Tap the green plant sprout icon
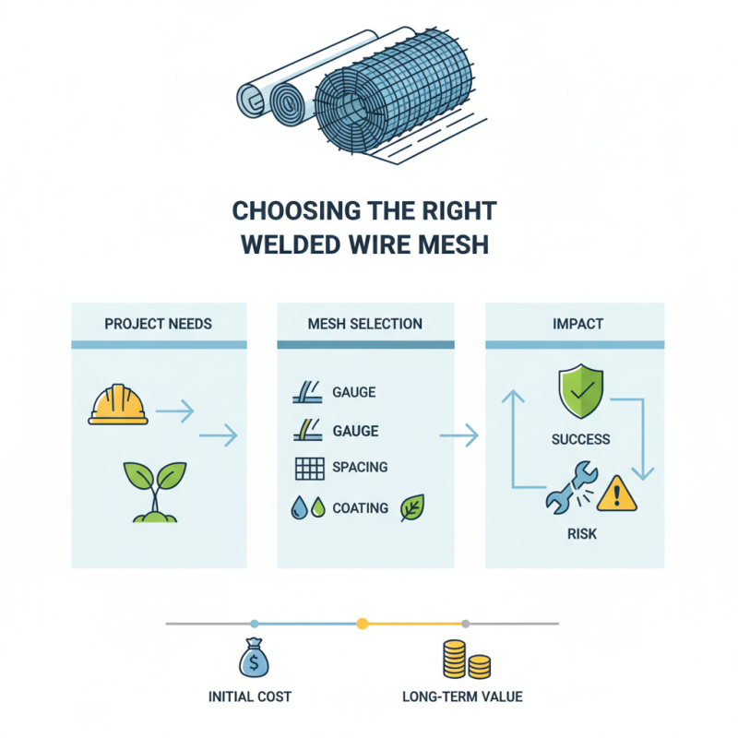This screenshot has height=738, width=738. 153,491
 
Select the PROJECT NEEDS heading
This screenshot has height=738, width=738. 159,324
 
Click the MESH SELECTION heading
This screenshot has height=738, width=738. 365,324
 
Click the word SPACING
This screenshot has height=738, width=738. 360,468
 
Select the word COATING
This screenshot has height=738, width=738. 360,507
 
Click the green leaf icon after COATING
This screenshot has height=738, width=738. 411,507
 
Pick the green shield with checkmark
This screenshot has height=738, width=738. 581,395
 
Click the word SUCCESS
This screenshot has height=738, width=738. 581,439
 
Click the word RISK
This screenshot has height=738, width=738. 581,534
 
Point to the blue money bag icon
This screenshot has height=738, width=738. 254,658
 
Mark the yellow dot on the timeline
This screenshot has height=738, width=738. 362,624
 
